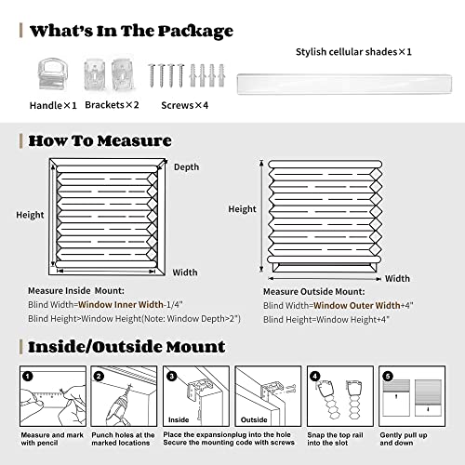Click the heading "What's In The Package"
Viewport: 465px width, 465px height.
[130, 31]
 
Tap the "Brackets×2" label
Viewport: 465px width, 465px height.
[111, 105]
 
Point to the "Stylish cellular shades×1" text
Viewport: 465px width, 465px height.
[353, 50]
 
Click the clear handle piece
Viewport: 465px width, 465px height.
[42, 73]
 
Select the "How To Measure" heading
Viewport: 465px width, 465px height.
[100, 141]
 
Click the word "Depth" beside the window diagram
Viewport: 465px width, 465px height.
[186, 166]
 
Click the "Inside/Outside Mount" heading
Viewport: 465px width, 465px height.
[126, 347]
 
